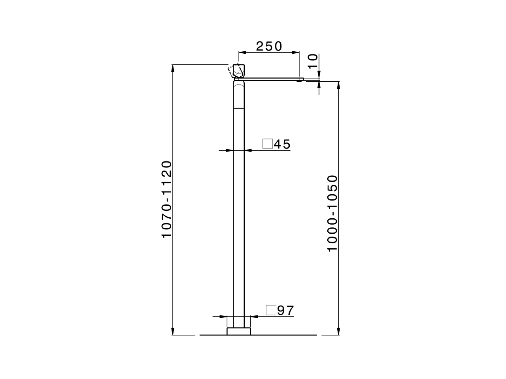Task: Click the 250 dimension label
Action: click(269, 46)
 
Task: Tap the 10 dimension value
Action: click(313, 62)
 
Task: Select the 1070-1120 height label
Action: click(167, 199)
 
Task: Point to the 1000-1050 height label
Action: click(333, 213)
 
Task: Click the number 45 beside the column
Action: click(282, 144)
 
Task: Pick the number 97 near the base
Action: click(285, 310)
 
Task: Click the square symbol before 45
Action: click(268, 144)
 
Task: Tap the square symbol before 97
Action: click(271, 310)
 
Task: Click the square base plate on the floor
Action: click(239, 331)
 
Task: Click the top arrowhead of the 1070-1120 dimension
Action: click(173, 68)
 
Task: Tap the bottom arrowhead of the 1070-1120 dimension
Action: click(173, 331)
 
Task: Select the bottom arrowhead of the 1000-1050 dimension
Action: click(338, 331)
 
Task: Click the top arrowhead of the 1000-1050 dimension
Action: click(338, 85)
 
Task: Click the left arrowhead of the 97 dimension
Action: click(223, 316)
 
